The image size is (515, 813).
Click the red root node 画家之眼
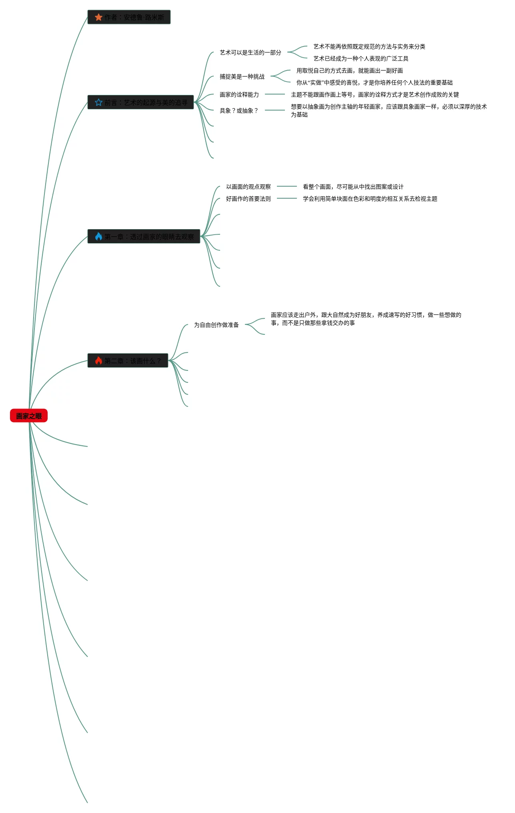[x=29, y=416]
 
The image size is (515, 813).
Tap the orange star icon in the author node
[x=98, y=17]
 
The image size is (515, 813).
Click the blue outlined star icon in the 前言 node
[x=98, y=103]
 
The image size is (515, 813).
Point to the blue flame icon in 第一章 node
[x=98, y=237]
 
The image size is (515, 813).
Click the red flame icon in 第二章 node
[x=98, y=361]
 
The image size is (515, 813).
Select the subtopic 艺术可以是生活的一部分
[x=250, y=52]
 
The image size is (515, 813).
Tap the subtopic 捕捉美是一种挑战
[x=242, y=76]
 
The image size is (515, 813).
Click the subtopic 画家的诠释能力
[x=239, y=95]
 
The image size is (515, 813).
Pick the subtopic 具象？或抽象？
[x=239, y=111]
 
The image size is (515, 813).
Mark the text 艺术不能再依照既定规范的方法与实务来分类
[x=369, y=46]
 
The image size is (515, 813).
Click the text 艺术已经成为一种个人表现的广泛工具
[x=361, y=58]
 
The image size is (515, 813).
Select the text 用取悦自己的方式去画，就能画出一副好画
[x=349, y=70]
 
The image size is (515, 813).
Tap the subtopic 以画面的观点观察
[x=248, y=187]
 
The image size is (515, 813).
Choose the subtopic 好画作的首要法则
[x=248, y=199]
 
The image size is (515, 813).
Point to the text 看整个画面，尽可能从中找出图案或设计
[x=353, y=187]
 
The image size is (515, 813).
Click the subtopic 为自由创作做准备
[x=216, y=325]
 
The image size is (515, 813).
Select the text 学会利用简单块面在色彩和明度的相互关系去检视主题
[x=370, y=199]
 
